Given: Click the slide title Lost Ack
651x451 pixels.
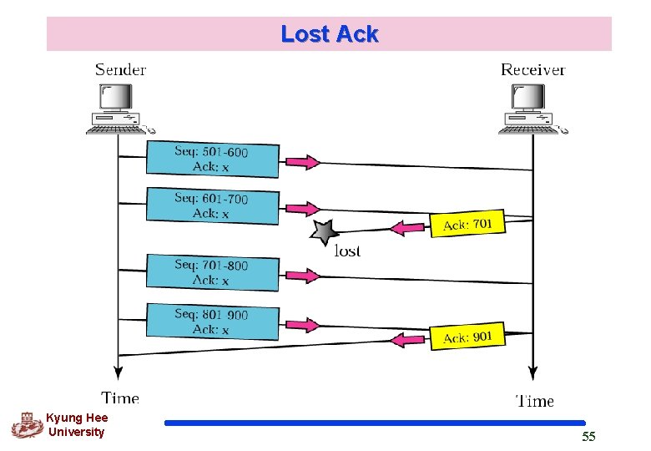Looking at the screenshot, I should (329, 34).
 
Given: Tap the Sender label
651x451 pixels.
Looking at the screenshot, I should (120, 69).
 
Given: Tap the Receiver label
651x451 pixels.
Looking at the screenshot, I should (532, 69).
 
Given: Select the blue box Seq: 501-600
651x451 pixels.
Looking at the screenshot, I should (212, 159).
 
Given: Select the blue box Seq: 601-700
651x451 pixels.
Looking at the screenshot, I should (212, 205).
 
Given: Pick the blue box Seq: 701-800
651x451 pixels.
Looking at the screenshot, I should (212, 272).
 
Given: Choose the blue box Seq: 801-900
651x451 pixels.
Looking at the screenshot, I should (212, 322).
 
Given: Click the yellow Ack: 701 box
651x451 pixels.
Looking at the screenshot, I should (467, 223).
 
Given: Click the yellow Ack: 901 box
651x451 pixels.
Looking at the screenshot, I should (467, 337).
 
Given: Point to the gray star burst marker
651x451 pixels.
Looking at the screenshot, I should (323, 233).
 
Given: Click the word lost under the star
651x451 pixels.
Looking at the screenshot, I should (347, 251).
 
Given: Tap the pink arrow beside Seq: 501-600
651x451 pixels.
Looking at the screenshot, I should (301, 160).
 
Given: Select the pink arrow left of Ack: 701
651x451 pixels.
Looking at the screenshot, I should (409, 227).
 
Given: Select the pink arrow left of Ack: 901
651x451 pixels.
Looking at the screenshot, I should (409, 339).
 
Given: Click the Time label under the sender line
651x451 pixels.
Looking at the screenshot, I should (120, 398).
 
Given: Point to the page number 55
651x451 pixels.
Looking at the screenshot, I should (588, 437).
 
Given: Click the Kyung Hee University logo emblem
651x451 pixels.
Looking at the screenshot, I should (27, 425).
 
